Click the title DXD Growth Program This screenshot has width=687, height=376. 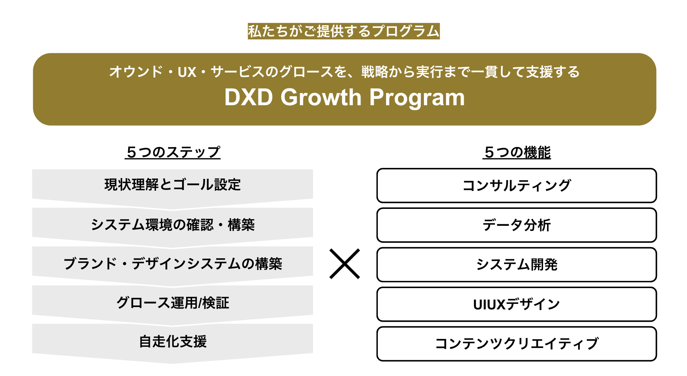[x=344, y=97]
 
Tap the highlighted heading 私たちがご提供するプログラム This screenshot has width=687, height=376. [x=343, y=31]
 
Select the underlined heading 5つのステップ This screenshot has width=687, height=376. [x=173, y=152]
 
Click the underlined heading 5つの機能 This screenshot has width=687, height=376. [x=517, y=152]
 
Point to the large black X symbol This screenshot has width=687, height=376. [x=344, y=264]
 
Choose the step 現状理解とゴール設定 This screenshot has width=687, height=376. [x=172, y=184]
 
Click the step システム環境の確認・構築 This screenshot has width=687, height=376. [x=172, y=225]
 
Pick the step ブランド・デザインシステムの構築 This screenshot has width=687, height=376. [x=172, y=263]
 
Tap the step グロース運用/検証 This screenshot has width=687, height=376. [x=172, y=302]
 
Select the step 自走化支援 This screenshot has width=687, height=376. [x=172, y=341]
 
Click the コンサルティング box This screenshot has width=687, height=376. [x=517, y=185]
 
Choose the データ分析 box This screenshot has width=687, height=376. [x=517, y=225]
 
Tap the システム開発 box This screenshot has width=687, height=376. [x=517, y=264]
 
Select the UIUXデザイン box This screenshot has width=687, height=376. [x=517, y=304]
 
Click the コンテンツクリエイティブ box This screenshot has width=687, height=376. [x=517, y=344]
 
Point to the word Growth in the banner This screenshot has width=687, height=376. [x=321, y=97]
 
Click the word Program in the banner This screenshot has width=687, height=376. [x=417, y=97]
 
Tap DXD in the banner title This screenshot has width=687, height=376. [x=248, y=97]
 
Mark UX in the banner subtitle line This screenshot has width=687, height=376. [x=187, y=72]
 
